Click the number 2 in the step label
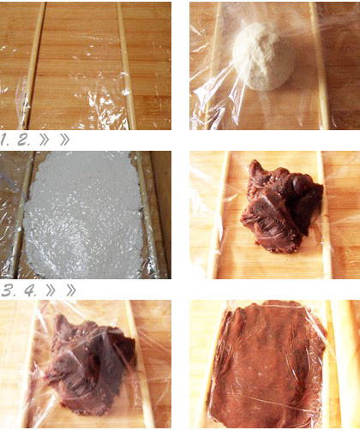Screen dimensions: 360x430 (23, 140)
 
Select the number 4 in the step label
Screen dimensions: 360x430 (30, 290)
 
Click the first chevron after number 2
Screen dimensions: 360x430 (45, 140)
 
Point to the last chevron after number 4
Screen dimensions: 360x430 (71, 290)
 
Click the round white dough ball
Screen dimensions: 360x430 (260, 57)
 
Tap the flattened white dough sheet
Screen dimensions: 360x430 (83, 215)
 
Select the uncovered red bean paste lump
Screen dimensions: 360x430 (281, 206)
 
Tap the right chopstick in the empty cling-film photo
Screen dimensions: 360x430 (126, 66)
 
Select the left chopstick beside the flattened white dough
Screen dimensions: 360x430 (22, 215)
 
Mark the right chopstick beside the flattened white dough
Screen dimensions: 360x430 (148, 215)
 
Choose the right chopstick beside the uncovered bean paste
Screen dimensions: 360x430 (324, 215)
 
